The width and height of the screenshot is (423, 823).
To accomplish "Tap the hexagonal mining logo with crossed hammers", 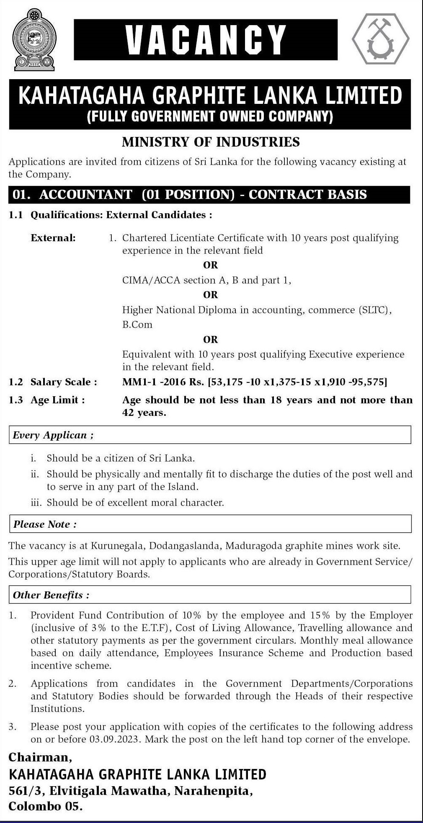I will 381,39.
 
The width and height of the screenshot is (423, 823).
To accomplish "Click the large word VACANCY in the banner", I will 206,39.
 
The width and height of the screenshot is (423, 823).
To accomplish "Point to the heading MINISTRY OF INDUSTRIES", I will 211,142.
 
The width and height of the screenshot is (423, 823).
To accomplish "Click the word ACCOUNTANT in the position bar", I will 86,195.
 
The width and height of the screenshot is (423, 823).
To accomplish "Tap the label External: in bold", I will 53,238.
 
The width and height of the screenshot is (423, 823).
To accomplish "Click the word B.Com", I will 137,325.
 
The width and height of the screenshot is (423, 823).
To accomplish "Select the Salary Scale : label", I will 64,382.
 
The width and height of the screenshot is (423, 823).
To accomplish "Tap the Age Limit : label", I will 57,400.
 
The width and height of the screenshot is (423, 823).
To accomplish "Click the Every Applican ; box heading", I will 53,435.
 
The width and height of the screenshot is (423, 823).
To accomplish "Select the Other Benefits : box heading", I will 51,595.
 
